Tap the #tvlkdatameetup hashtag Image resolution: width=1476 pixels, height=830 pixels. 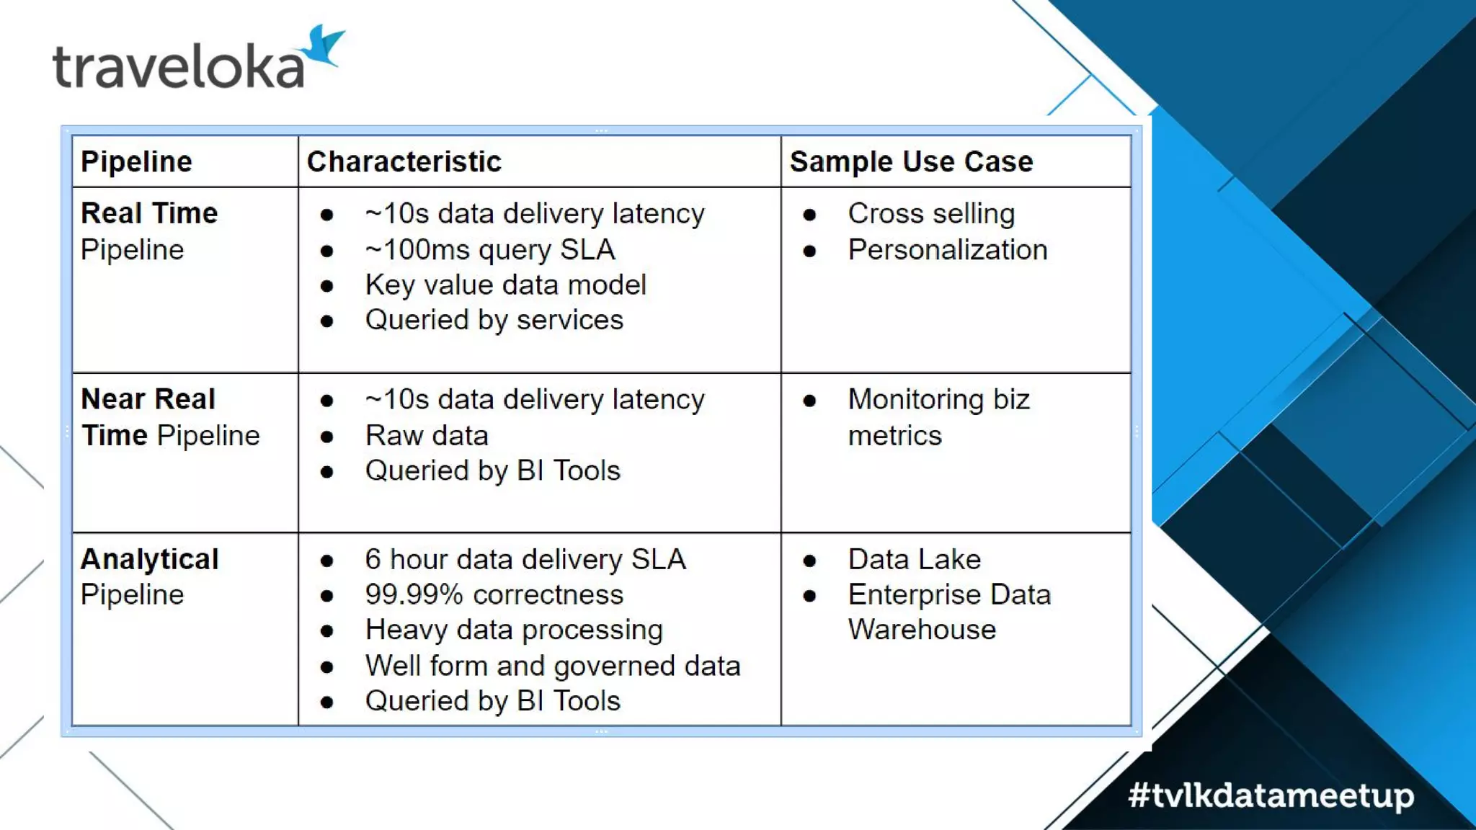[1271, 795]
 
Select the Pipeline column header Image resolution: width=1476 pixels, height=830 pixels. [136, 161]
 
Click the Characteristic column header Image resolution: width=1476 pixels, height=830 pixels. [404, 161]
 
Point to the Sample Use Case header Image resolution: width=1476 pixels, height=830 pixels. [911, 161]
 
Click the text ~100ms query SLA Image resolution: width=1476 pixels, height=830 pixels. [489, 249]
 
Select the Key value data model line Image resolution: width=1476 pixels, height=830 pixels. [505, 285]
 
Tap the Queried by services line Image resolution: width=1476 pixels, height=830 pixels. [494, 320]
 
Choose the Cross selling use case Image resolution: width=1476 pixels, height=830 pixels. [931, 213]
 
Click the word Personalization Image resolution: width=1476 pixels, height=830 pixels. [947, 249]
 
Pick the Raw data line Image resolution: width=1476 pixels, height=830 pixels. [427, 435]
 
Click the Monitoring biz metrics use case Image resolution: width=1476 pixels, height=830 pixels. [938, 417]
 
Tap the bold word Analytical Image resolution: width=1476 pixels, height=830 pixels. [150, 559]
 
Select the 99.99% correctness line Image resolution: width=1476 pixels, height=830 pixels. [494, 594]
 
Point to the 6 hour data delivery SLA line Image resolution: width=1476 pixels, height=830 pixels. [525, 559]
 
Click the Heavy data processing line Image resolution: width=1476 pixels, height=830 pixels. [513, 630]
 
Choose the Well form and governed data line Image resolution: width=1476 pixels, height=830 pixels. [552, 666]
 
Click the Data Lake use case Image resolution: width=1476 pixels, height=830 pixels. [914, 559]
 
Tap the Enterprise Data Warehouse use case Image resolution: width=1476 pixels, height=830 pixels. [948, 612]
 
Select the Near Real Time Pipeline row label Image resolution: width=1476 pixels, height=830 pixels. [170, 417]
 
